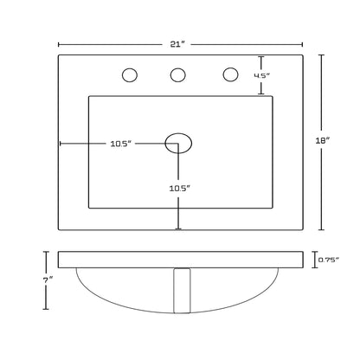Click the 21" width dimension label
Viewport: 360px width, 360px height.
(x=177, y=44)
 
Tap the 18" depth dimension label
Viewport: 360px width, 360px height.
(x=323, y=140)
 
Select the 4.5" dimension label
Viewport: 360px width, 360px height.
(x=261, y=75)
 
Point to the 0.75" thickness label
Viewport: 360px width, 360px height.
(x=328, y=260)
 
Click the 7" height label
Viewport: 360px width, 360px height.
(x=48, y=280)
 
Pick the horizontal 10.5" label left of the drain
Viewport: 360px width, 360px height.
(x=121, y=144)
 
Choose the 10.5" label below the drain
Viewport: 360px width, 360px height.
(x=180, y=189)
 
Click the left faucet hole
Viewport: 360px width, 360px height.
(x=130, y=75)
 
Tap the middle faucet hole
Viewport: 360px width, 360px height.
(x=177, y=75)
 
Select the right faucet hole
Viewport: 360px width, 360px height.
(x=230, y=74)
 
